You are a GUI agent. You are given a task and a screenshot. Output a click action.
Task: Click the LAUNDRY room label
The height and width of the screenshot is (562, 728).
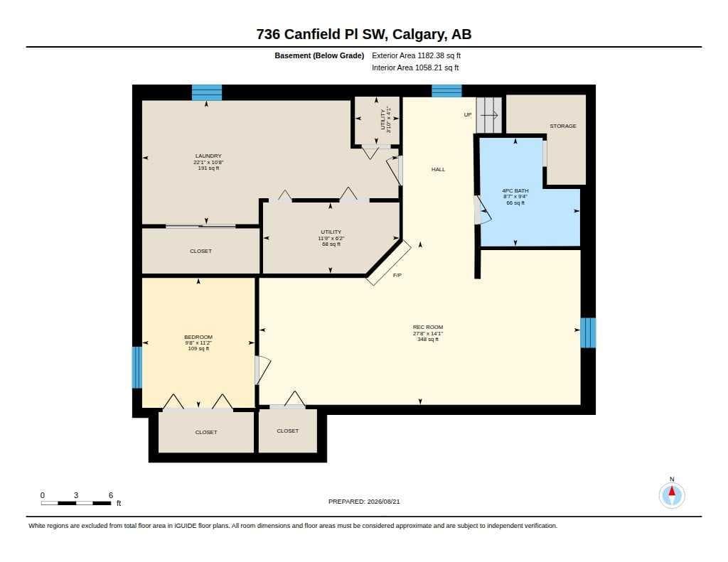(x=208, y=156)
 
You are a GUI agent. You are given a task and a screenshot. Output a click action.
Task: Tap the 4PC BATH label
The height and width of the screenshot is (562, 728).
(x=515, y=190)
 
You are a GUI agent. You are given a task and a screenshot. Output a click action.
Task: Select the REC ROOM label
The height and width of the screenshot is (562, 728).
(x=428, y=327)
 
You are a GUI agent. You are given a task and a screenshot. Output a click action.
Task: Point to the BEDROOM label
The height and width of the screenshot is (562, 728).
(x=198, y=337)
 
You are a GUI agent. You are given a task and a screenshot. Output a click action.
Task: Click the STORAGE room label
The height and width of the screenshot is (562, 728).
(x=563, y=126)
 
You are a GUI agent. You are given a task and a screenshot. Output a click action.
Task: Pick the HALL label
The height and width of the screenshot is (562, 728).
(x=438, y=169)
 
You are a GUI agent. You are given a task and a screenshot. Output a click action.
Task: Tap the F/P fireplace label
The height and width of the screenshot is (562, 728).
(x=397, y=275)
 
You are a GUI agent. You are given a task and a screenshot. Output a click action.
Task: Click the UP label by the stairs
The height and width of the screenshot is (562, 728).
(x=468, y=114)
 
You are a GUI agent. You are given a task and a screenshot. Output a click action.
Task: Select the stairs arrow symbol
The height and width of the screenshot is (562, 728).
(x=489, y=114)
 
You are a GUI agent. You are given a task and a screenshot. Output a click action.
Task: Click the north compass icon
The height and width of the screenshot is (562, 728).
(x=672, y=495)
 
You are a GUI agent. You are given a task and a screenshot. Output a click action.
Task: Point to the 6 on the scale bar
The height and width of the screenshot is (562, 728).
(x=111, y=495)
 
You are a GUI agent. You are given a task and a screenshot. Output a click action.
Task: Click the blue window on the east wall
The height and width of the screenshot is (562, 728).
(x=588, y=333)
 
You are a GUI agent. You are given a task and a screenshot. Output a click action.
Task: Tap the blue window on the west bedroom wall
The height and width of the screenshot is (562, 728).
(x=137, y=367)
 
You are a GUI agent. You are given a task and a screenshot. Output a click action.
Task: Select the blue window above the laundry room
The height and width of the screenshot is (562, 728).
(x=207, y=92)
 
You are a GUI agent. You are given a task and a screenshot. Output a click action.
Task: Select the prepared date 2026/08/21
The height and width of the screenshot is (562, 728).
(x=383, y=502)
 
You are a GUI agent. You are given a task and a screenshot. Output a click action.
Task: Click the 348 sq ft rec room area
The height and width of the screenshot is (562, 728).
(x=428, y=339)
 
